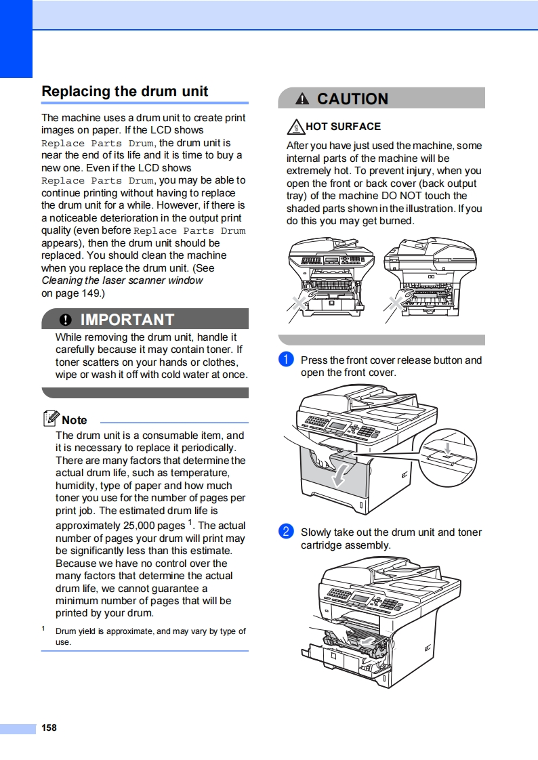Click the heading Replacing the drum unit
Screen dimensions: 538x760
125,91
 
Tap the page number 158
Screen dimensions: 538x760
49,727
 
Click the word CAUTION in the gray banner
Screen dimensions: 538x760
352,99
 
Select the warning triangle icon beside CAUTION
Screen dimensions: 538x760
302,100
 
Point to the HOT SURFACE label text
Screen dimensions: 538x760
343,127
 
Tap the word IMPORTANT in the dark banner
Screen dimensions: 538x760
127,320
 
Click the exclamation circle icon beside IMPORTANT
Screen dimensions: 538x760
65,320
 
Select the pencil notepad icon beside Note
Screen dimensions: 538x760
51,419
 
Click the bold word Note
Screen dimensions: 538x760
75,420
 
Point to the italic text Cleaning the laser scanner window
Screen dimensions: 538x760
122,280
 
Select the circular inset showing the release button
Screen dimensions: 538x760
447,458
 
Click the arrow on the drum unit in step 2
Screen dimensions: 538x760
367,639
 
